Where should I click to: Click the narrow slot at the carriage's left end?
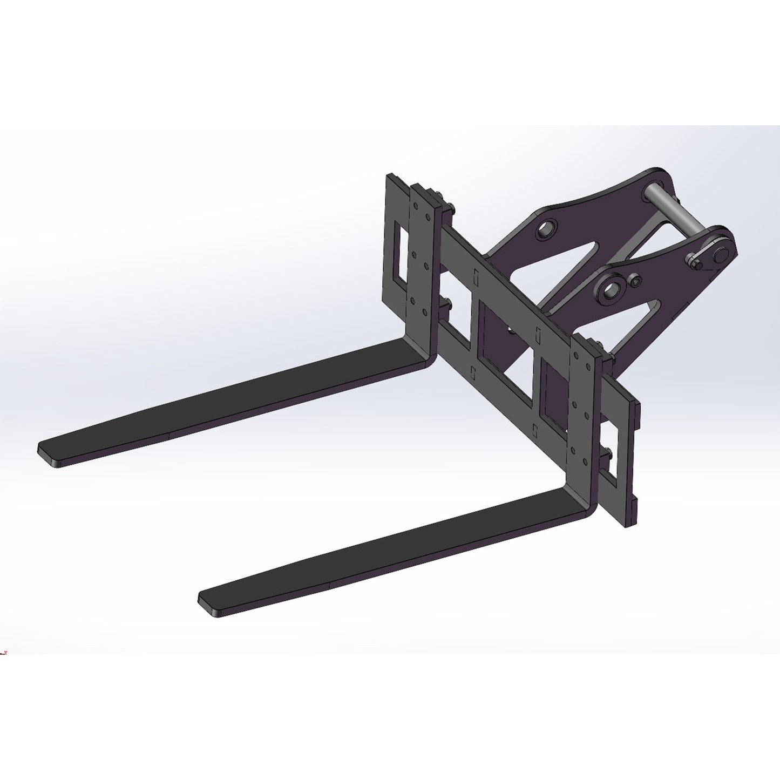(x=398, y=254)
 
